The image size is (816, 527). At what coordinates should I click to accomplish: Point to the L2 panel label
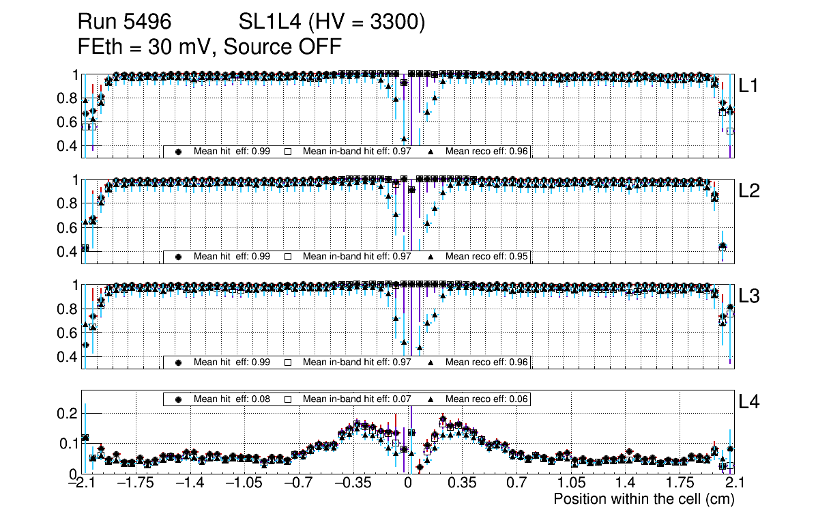click(x=750, y=191)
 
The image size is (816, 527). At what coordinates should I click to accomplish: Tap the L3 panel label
click(x=750, y=296)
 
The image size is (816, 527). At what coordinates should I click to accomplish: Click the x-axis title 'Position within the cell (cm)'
click(x=643, y=499)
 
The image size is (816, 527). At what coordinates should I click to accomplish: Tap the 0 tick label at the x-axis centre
click(x=408, y=483)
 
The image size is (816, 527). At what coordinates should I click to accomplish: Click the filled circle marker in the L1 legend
click(x=179, y=152)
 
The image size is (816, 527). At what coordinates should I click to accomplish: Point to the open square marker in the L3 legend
click(x=288, y=362)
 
